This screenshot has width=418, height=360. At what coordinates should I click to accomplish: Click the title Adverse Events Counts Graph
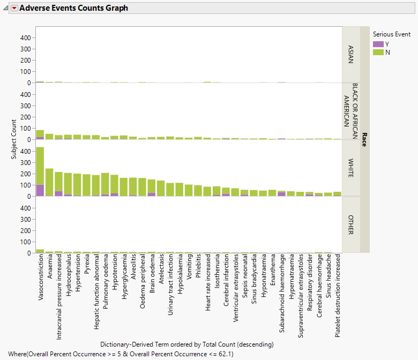click(x=73, y=8)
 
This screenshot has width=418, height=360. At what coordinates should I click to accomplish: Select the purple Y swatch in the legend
click(x=378, y=44)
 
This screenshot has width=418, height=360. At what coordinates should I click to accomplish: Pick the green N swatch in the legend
click(x=378, y=52)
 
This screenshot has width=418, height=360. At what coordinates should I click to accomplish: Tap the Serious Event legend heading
click(x=391, y=34)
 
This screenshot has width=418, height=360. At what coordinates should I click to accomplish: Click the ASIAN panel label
click(x=350, y=54)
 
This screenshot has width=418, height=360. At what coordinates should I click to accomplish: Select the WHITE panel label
click(x=350, y=168)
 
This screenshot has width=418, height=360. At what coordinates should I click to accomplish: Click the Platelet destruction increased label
click(x=338, y=295)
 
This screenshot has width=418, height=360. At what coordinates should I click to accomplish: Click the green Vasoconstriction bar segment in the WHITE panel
click(x=40, y=166)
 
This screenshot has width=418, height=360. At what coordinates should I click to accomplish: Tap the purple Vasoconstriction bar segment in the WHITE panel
click(x=40, y=191)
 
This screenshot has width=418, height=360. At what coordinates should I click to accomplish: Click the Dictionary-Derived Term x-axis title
click(x=186, y=344)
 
